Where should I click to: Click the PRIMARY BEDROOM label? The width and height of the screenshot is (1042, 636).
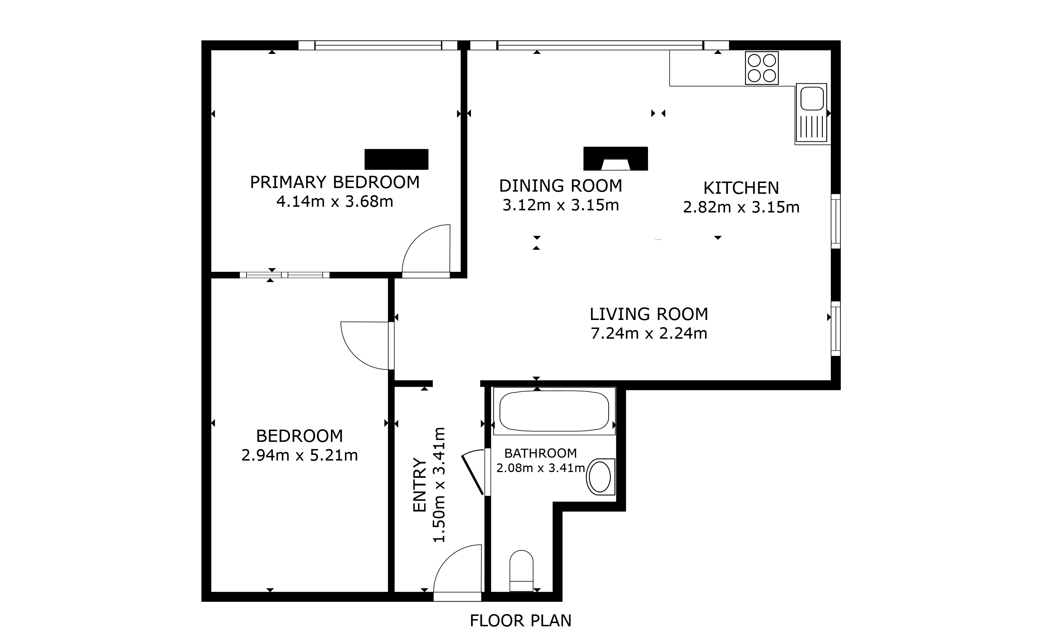point(335,182)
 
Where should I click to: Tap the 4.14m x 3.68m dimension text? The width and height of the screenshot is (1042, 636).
point(335,202)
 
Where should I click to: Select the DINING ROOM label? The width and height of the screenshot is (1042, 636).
point(560,186)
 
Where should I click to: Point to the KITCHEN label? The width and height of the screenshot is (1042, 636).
point(741,188)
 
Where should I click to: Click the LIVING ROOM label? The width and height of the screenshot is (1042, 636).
point(649,314)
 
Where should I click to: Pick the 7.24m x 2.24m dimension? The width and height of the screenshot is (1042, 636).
point(649,333)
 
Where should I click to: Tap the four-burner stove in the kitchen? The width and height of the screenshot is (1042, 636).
point(762,68)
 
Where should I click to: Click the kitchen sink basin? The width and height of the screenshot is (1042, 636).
point(812,99)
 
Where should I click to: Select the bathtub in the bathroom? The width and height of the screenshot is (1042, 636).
point(554,411)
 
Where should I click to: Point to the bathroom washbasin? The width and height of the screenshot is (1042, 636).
point(601,477)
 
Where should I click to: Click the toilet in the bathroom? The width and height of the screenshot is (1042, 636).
point(521,571)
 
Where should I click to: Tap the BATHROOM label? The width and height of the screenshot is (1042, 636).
point(540,453)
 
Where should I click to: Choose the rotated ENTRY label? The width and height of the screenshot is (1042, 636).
point(419,485)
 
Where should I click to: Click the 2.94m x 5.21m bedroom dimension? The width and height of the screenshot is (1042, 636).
point(299,455)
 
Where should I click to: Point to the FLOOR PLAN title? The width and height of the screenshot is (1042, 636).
point(521,621)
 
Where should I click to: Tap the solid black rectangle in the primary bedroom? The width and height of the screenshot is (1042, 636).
point(396,159)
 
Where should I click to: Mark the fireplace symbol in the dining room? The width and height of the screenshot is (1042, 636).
point(615,159)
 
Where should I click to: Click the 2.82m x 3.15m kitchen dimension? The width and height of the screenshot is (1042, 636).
point(741,207)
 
